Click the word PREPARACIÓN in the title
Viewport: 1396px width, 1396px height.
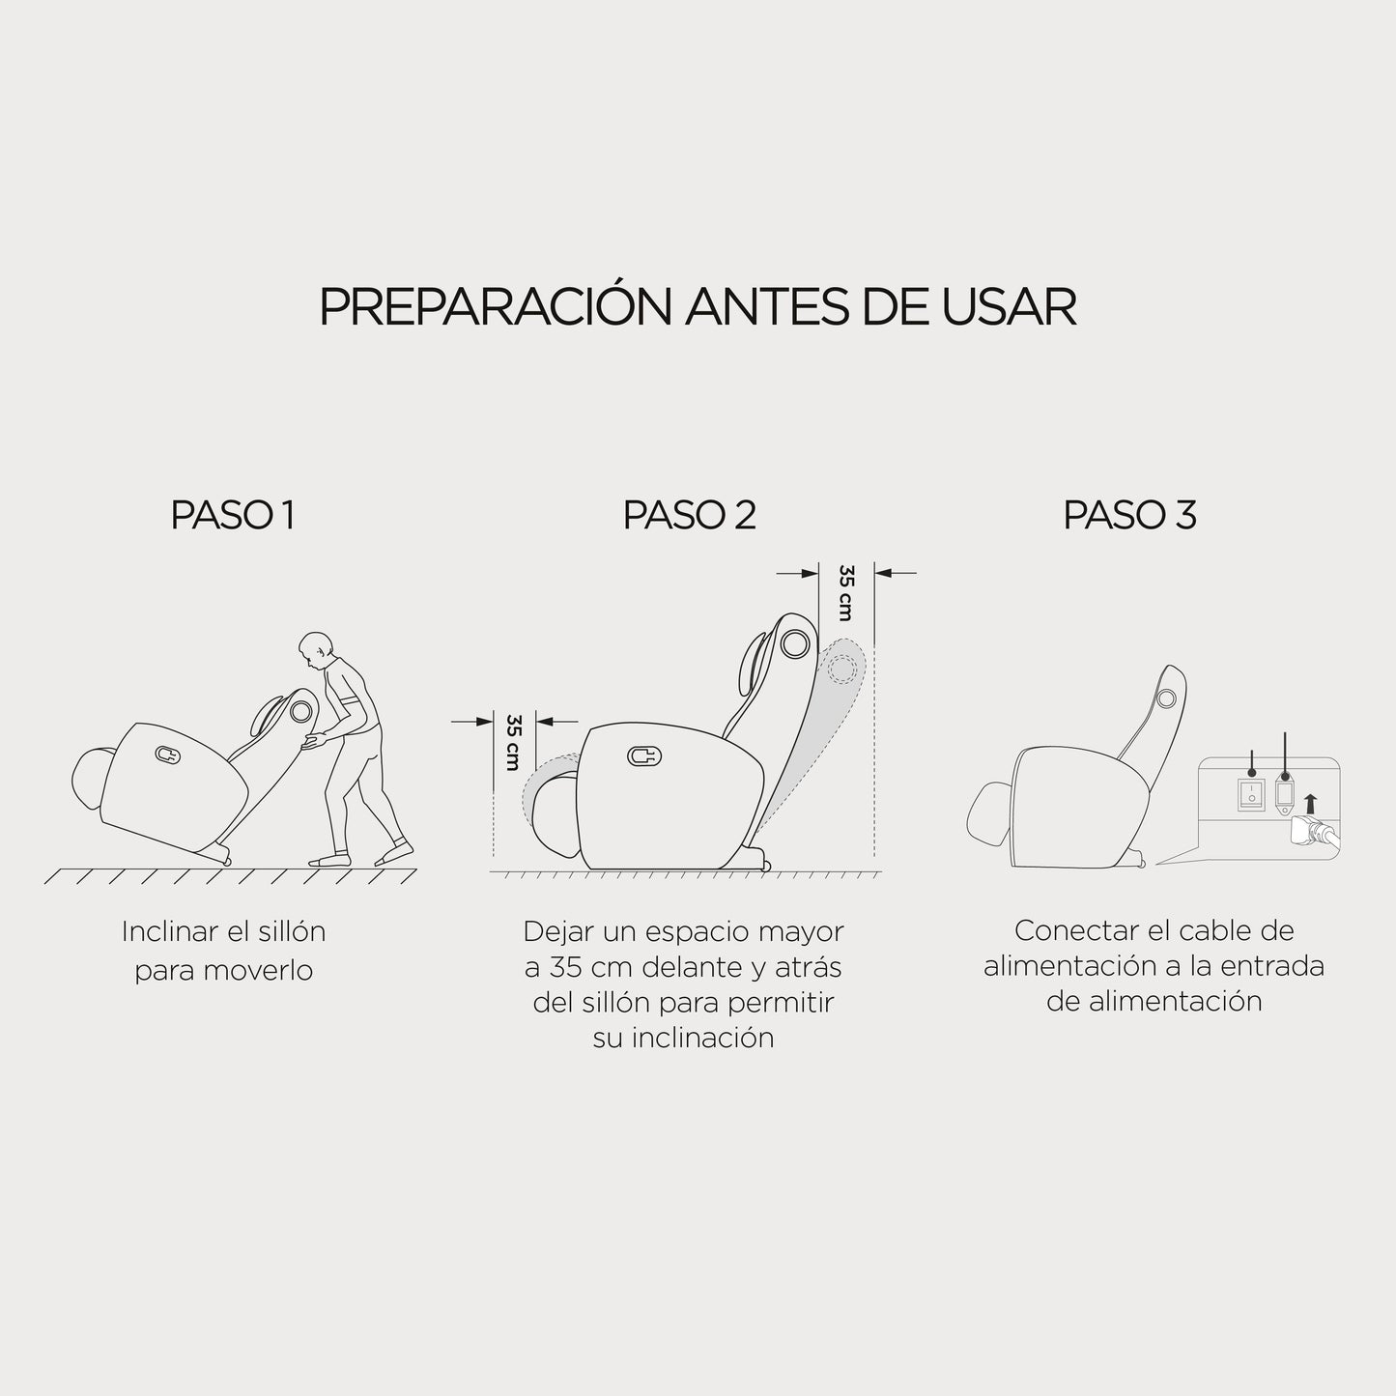click(495, 306)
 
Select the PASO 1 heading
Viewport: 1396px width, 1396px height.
click(233, 515)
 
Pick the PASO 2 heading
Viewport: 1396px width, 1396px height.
click(689, 515)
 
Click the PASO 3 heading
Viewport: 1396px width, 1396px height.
click(1129, 515)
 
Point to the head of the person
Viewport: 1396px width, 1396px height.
click(316, 650)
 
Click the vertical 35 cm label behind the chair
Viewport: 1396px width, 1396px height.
click(845, 592)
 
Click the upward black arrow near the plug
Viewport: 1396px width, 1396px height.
click(1309, 803)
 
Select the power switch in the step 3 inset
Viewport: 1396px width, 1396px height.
click(1251, 794)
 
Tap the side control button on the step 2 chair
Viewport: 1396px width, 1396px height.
click(644, 756)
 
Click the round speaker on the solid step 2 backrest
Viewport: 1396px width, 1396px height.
click(795, 643)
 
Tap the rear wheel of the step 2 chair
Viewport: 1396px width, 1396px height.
click(764, 864)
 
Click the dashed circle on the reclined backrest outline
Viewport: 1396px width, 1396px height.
click(841, 669)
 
